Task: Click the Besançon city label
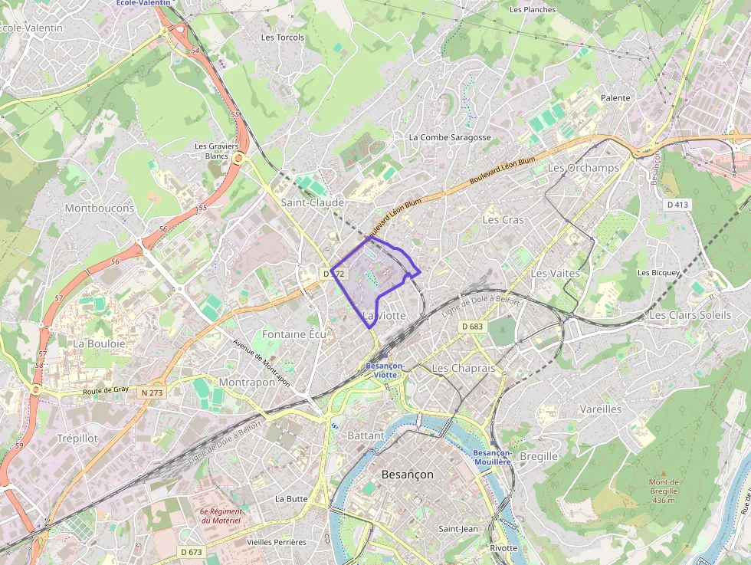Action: pyautogui.click(x=407, y=475)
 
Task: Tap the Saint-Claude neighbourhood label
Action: pyautogui.click(x=313, y=202)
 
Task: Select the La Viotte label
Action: pyautogui.click(x=383, y=315)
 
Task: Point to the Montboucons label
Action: pyautogui.click(x=100, y=208)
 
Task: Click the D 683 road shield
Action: pyautogui.click(x=472, y=327)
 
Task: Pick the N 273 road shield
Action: pyautogui.click(x=152, y=393)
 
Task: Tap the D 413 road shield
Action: pyautogui.click(x=678, y=205)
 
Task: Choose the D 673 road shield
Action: pyautogui.click(x=192, y=552)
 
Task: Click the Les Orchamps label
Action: pyautogui.click(x=583, y=168)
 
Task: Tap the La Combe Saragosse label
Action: pyautogui.click(x=450, y=137)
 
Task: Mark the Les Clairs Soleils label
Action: pyautogui.click(x=690, y=315)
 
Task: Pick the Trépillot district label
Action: pyautogui.click(x=77, y=438)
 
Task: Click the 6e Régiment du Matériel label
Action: pyautogui.click(x=221, y=516)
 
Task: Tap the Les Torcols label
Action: pyautogui.click(x=283, y=37)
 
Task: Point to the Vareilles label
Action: pyautogui.click(x=601, y=409)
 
